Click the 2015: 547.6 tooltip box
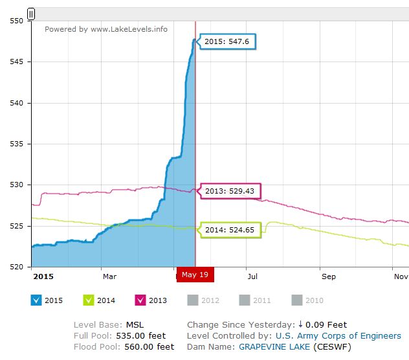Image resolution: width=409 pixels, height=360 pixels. coord(223,41)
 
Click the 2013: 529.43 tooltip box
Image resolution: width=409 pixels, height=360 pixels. coord(229,192)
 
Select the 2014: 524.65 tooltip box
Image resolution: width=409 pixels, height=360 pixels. coord(229,229)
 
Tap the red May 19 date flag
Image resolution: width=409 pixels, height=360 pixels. coord(195,275)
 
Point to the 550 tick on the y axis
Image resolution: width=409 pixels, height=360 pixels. coord(16,21)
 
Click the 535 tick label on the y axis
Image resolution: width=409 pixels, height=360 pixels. coord(16,144)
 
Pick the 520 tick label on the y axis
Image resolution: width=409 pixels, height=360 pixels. coord(16,267)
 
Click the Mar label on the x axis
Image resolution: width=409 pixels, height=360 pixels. coord(109,276)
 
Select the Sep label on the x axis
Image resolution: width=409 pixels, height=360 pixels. coord(329,276)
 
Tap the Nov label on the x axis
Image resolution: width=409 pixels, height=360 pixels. coord(401,276)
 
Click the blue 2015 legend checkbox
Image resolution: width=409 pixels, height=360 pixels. coord(37,300)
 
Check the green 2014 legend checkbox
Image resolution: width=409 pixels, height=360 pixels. coord(89,300)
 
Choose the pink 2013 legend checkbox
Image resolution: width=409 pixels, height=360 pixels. coord(140,300)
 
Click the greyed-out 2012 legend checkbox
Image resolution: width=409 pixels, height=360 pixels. coord(192,300)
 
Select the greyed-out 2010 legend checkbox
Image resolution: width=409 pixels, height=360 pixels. coord(297,300)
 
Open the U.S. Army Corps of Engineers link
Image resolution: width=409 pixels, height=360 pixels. coord(338,335)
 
